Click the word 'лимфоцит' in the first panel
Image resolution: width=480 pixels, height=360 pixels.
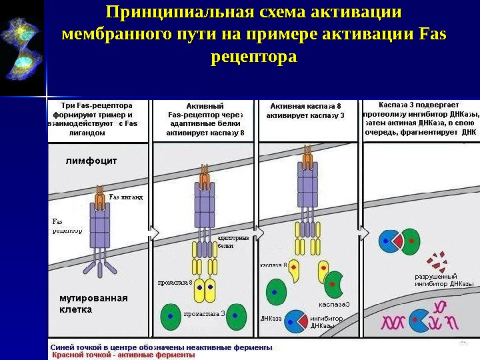(91, 161)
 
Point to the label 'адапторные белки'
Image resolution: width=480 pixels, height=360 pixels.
(233, 241)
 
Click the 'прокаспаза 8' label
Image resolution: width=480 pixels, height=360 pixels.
(175, 283)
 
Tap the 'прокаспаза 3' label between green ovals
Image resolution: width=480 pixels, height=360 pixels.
(205, 313)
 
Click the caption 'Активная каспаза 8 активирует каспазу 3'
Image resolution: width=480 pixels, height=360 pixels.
(305, 111)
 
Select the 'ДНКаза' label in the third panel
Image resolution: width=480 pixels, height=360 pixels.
(271, 319)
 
